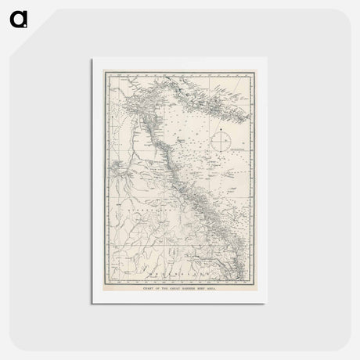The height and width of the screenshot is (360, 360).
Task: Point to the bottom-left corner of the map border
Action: click(108, 282)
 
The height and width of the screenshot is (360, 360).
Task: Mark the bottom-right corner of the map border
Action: click(252, 282)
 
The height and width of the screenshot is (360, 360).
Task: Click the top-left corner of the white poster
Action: click(92, 58)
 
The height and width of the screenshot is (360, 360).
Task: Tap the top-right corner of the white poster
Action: click(267, 58)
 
